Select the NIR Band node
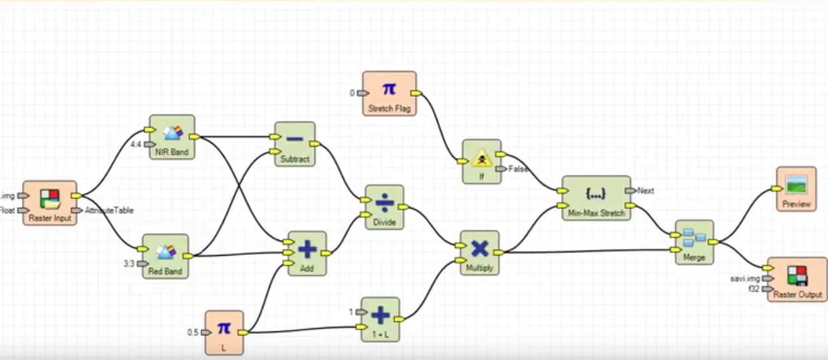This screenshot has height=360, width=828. tap(171, 137)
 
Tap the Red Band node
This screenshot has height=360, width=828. tap(165, 256)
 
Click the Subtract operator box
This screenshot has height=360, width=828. tap(294, 143)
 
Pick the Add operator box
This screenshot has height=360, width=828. tap(306, 252)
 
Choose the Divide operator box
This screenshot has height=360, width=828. tap(384, 207)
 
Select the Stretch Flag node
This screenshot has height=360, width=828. tap(389, 94)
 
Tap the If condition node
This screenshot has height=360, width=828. tap(481, 161)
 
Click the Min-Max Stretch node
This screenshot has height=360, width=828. tap(595, 198)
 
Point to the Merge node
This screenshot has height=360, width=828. tap(694, 242)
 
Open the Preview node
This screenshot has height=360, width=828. tap(796, 189)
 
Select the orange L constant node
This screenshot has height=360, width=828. tap(224, 332)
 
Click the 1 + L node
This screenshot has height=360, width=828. tap(380, 319)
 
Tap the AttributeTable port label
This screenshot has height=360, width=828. tap(109, 211)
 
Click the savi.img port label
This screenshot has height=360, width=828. tap(744, 278)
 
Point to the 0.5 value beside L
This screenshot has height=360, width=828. tap(193, 332)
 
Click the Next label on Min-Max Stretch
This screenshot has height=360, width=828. tap(645, 191)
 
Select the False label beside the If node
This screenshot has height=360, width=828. tap(518, 169)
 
